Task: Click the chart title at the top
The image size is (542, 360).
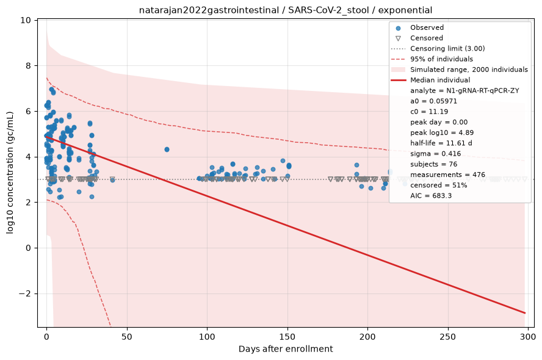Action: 286,10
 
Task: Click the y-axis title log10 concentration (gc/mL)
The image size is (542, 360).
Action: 10,173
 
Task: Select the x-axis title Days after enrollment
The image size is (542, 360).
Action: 286,349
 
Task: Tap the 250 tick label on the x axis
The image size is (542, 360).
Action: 448,336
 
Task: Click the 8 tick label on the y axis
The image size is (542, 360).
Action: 28,66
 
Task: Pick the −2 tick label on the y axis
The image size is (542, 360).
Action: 25,293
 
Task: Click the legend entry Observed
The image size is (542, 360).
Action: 427,27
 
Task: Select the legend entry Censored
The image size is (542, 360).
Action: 427,38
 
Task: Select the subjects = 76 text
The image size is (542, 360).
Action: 433,164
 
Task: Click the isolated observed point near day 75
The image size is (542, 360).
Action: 167,149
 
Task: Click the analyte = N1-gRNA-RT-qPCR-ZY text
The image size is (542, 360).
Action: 464,90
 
